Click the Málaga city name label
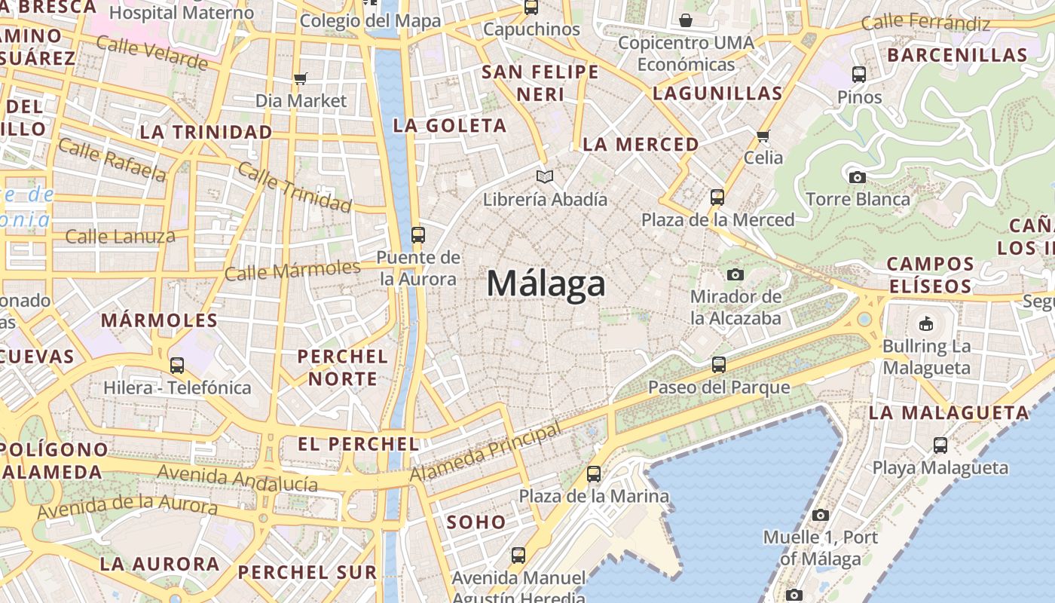click(546, 284)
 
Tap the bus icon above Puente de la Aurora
click(418, 234)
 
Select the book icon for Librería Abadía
click(545, 176)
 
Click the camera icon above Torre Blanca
click(857, 178)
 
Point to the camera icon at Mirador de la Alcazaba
click(735, 274)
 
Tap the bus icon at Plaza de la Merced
click(717, 197)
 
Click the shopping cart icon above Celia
click(763, 136)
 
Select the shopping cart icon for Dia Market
click(301, 78)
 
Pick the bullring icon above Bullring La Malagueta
click(926, 324)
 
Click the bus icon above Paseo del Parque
click(719, 365)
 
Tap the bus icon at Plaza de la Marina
click(594, 474)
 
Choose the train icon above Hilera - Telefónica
click(177, 366)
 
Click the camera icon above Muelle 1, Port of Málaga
click(821, 516)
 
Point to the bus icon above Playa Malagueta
click(940, 445)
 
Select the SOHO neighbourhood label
click(476, 522)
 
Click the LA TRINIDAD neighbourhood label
click(206, 132)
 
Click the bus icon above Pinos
click(859, 75)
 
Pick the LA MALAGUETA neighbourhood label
click(949, 413)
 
